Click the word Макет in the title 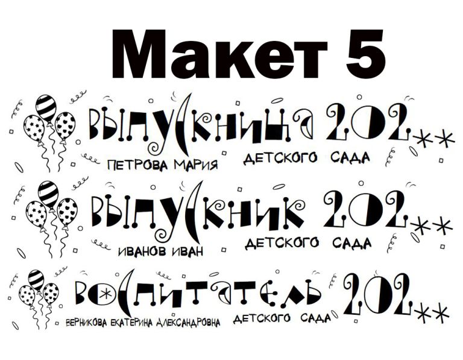[219, 54]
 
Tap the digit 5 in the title [365, 54]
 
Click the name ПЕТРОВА [139, 165]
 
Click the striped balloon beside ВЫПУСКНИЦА [46, 108]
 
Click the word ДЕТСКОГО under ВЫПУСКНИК [282, 244]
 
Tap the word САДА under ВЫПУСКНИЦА [350, 157]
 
